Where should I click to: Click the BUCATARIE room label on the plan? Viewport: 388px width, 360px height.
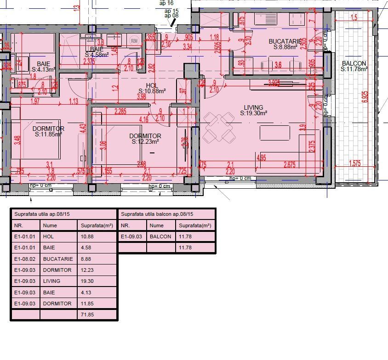click(285, 41)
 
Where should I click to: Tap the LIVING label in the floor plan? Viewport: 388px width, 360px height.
click(253, 107)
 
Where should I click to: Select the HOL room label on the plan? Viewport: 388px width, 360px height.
click(152, 85)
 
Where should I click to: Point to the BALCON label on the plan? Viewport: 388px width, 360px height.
click(354, 63)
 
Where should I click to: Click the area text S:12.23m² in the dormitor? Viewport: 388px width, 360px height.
click(145, 142)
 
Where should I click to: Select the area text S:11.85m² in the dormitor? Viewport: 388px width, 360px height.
click(48, 134)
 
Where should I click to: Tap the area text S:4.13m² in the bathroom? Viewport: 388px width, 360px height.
click(43, 69)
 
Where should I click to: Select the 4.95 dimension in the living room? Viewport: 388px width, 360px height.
click(262, 158)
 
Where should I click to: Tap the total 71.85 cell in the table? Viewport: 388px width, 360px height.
click(87, 315)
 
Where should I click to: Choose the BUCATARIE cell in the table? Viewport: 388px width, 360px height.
click(58, 259)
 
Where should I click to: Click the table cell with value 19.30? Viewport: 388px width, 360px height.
click(87, 281)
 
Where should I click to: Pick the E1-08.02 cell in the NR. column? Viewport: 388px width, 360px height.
click(25, 259)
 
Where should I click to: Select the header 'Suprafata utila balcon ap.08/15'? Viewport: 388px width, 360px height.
click(156, 214)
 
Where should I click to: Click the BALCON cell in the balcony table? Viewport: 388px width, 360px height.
click(160, 236)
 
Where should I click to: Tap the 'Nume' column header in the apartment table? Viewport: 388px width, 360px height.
click(50, 225)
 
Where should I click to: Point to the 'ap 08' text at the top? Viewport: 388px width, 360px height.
click(171, 15)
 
